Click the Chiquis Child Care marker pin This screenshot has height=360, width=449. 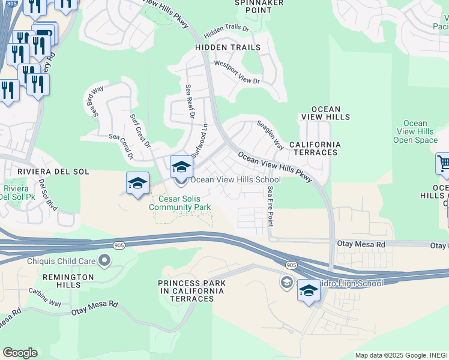pyautogui.click(x=104, y=260)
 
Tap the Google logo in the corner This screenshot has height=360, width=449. pyautogui.click(x=19, y=353)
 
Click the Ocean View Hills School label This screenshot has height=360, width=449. pyautogui.click(x=235, y=180)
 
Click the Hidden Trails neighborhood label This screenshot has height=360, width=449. pyautogui.click(x=228, y=47)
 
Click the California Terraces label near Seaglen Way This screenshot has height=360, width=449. pyautogui.click(x=315, y=149)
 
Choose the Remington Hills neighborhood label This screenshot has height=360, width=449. pyautogui.click(x=68, y=281)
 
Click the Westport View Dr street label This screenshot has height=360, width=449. pyautogui.click(x=237, y=72)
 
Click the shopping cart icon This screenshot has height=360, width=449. pyautogui.click(x=443, y=163)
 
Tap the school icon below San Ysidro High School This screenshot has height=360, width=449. pyautogui.click(x=309, y=291)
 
